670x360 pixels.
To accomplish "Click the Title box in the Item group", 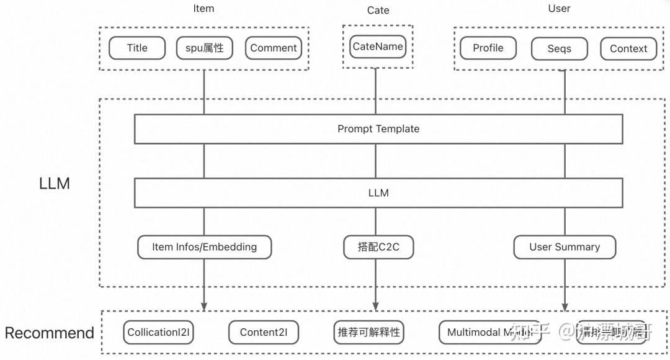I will (137, 48).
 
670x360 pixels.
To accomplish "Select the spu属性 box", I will (205, 48).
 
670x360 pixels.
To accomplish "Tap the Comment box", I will (274, 48).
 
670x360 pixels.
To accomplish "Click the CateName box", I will (377, 47).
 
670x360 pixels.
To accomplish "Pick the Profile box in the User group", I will (488, 48).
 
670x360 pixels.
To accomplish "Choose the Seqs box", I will (559, 49).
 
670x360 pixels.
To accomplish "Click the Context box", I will (628, 49).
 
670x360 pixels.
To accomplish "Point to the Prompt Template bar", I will (378, 129).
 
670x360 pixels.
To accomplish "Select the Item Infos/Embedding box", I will (204, 247).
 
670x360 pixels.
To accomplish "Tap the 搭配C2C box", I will (378, 247).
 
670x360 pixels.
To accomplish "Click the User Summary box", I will (565, 247).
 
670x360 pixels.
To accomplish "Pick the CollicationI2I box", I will (158, 333).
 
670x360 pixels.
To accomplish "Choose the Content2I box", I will (263, 333).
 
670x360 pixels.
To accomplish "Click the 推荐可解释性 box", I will (368, 333).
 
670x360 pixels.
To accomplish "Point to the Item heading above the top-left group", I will (203, 9).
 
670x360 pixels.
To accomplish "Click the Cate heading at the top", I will (378, 10).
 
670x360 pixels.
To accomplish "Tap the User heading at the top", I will (559, 9).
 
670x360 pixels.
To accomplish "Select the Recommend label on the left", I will (49, 333).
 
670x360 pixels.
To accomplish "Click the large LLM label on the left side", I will (55, 184).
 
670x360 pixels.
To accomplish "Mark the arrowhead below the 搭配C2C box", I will (375, 306).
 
